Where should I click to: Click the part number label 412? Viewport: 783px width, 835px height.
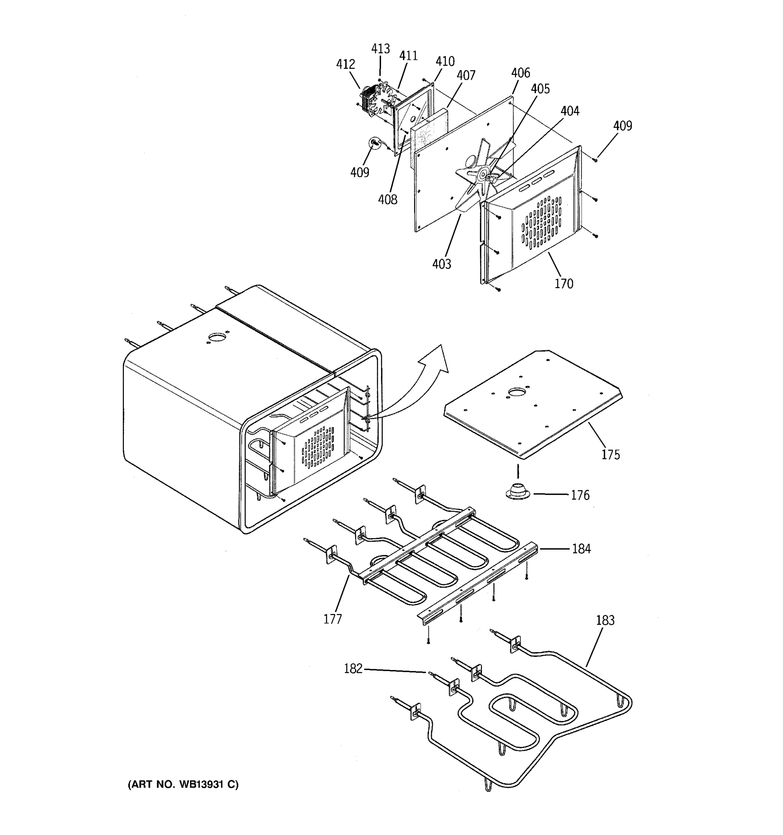(345, 64)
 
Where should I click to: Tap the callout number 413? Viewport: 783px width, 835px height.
(380, 49)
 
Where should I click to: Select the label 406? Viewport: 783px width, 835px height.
(521, 73)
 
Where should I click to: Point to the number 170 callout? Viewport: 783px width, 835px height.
(564, 284)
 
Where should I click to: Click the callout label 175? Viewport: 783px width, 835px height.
(610, 454)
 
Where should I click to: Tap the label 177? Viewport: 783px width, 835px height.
(332, 619)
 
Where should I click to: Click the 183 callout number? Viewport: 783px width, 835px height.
(605, 620)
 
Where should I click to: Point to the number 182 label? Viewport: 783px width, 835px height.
(353, 668)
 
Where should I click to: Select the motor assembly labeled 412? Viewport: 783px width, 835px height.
(372, 100)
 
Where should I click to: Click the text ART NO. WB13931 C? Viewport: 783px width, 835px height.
(183, 784)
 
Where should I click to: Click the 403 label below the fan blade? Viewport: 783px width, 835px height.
(442, 264)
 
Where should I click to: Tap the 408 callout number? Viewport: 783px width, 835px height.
(387, 199)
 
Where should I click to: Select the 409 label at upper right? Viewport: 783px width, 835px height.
(622, 126)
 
